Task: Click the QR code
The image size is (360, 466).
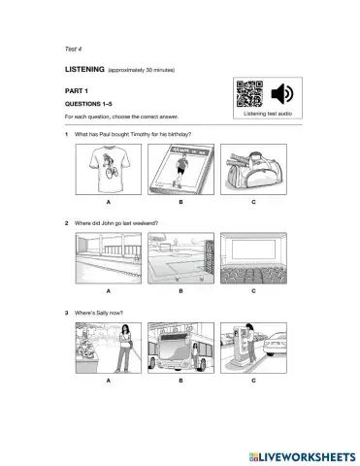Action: click(249, 94)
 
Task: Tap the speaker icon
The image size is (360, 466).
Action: click(282, 94)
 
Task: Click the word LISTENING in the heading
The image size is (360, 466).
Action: click(84, 69)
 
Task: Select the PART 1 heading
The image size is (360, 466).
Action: click(77, 91)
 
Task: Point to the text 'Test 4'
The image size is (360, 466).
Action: click(73, 49)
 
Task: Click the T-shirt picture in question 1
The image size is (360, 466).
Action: click(109, 169)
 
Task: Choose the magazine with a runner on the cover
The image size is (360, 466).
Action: click(181, 169)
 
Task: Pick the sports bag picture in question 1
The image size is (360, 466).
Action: click(253, 169)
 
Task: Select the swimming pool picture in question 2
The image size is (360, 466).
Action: click(109, 258)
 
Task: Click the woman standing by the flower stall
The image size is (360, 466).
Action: click(123, 348)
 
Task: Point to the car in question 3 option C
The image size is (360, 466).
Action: click(275, 345)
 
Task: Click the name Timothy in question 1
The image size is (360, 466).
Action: click(141, 134)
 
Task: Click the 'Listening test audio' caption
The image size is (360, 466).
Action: click(268, 114)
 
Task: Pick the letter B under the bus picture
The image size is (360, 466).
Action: click(180, 381)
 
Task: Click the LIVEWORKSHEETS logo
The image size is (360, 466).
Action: click(303, 456)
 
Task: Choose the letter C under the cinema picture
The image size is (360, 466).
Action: click(253, 291)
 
